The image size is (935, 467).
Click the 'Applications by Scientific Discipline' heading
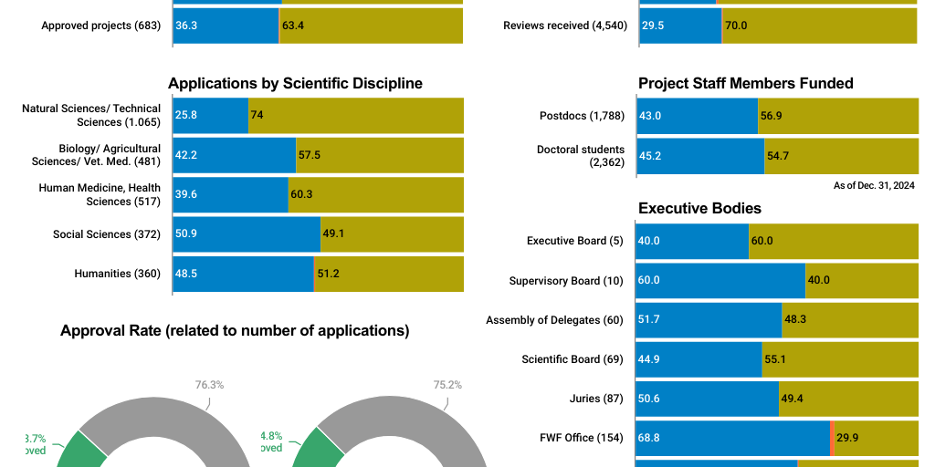295,83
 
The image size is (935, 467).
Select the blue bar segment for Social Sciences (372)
247,234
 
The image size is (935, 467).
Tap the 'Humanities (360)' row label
117,274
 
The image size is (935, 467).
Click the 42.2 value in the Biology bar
186,155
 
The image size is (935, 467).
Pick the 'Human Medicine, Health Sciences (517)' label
100,194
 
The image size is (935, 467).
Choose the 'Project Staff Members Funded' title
745,83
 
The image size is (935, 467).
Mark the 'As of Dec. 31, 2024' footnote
874,186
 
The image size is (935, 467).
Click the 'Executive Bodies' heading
699,208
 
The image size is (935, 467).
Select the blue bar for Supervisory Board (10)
720,280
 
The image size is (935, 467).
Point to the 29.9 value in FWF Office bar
847,438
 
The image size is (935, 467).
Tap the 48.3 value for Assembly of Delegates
795,319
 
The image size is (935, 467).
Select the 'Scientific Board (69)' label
572,359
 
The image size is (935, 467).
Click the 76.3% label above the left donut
209,384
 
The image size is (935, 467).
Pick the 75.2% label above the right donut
447,384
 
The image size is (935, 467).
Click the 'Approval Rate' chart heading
235,330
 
